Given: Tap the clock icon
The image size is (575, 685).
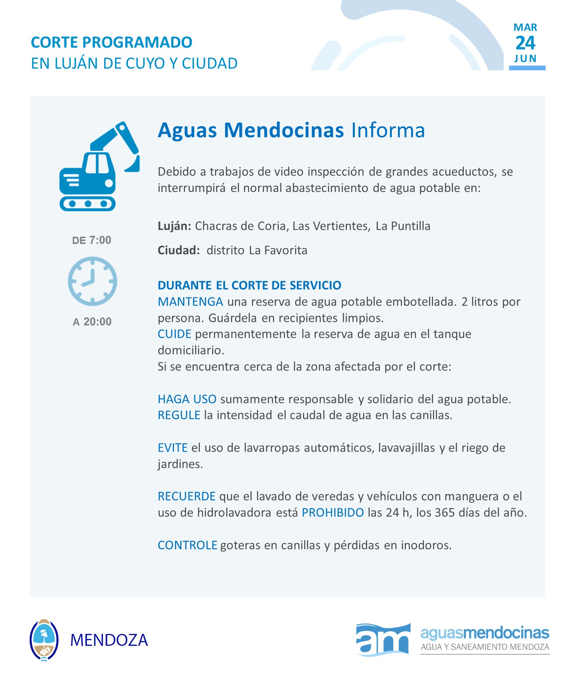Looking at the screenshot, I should click(x=92, y=281).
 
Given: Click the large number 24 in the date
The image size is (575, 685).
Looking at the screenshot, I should click(x=525, y=43).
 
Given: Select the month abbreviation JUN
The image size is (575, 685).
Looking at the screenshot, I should click(x=525, y=59).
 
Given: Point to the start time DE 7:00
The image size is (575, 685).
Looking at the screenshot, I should click(x=92, y=240).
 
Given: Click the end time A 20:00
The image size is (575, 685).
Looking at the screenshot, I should click(x=92, y=321).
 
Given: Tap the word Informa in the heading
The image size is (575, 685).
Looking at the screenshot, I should click(x=388, y=130).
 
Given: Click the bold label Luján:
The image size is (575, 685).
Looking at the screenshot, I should click(x=174, y=226).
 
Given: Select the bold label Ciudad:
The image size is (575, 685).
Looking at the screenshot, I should click(x=179, y=250).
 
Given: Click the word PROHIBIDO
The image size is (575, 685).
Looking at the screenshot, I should click(x=332, y=512).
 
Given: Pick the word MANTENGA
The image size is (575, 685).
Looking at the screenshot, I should click(x=190, y=302).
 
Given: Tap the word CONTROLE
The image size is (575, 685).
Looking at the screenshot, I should click(x=187, y=545).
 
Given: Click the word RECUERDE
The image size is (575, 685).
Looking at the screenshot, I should click(x=186, y=496).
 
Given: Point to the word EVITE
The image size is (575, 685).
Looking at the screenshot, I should click(x=172, y=448).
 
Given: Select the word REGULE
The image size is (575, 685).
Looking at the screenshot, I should click(x=179, y=415).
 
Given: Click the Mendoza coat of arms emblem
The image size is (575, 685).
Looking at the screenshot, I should click(x=44, y=640).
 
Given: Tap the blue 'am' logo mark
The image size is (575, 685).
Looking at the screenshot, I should click(x=383, y=640).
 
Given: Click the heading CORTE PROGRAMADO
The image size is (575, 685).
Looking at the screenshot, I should click(x=112, y=42).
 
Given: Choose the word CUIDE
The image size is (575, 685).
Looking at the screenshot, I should click(x=174, y=334).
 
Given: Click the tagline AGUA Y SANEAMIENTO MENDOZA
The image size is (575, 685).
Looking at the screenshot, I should click(x=485, y=647).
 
